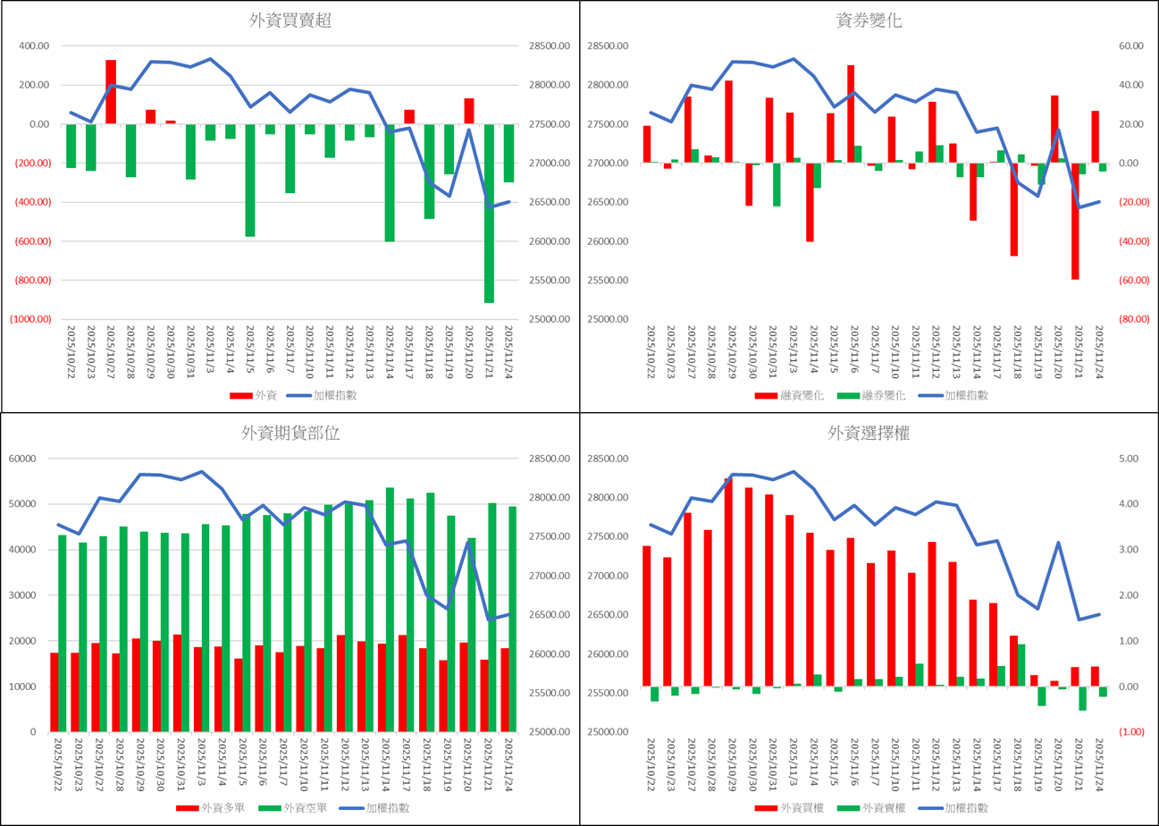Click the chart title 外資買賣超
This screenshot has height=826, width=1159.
[290, 21]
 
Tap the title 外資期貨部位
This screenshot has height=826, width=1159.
[290, 434]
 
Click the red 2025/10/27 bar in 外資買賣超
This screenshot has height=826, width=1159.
[111, 92]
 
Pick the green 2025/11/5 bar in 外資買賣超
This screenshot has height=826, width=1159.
[250, 180]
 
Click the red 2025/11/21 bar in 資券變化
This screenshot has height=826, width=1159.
[1076, 221]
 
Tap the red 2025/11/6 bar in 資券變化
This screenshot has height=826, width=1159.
[851, 114]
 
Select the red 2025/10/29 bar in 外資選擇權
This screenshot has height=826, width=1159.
[727, 582]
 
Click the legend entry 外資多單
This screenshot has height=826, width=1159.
[211, 808]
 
